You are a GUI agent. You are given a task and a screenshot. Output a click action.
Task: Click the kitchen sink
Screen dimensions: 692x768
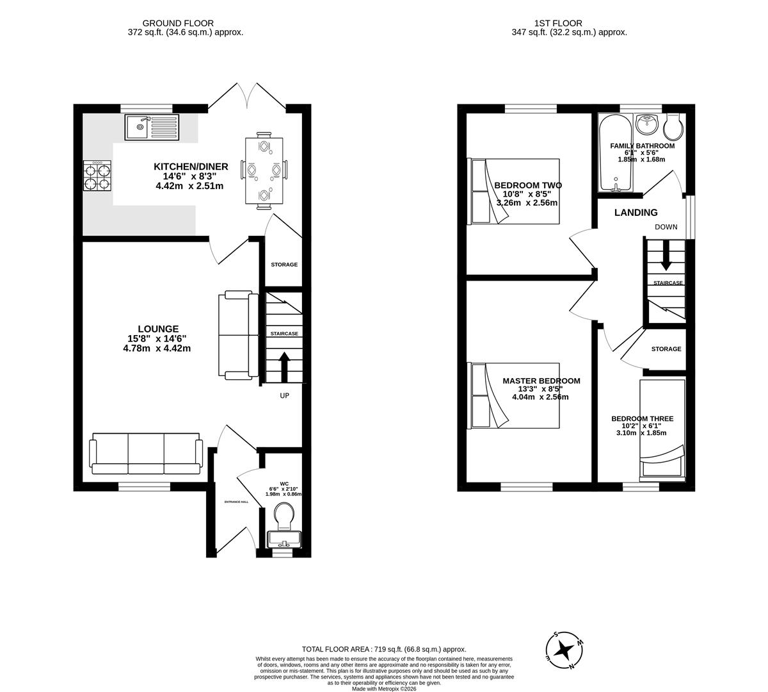(154, 126)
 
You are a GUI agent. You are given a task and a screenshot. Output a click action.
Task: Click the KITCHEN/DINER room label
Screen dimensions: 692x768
(191, 167)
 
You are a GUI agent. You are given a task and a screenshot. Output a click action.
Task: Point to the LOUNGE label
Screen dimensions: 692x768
(157, 329)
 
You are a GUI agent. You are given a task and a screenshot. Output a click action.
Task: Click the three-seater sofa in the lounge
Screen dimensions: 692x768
(147, 453)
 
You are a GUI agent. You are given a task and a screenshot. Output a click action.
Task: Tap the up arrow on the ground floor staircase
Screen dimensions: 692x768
(284, 366)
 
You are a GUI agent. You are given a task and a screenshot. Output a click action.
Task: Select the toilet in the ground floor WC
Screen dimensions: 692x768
(284, 514)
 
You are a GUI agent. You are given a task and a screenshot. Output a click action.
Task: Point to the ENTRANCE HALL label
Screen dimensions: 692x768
(236, 502)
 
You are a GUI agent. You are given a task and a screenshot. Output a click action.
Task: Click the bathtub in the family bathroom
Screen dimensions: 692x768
(615, 153)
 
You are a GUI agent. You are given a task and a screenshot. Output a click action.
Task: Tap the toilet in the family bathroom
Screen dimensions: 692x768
(673, 128)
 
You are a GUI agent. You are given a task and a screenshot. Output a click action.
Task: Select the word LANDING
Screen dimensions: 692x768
(636, 213)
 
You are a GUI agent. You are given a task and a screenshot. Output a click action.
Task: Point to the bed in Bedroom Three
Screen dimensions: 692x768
(662, 429)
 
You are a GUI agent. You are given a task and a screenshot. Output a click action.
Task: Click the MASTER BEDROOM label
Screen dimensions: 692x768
(541, 381)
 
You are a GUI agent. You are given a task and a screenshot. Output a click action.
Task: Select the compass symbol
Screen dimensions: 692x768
(564, 650)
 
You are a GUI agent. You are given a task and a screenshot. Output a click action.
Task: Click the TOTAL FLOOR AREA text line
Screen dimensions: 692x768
(384, 649)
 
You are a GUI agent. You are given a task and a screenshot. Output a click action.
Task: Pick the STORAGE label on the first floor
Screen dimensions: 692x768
(666, 349)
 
